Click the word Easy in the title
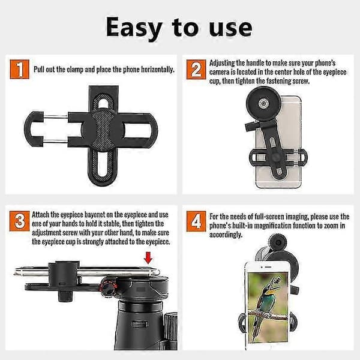pos(134,28)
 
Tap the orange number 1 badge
pos(20,69)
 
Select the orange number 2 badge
pos(196,70)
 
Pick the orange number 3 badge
pos(20,221)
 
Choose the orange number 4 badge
pos(196,221)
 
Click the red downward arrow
pos(148,258)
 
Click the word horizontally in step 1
pos(158,70)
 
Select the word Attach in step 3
pos(40,215)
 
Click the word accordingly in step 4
pos(226,235)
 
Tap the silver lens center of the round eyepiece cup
pos(263,103)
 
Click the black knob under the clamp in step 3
pos(66,296)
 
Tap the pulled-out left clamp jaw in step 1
pos(34,128)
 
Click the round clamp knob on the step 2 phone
pos(275,157)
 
